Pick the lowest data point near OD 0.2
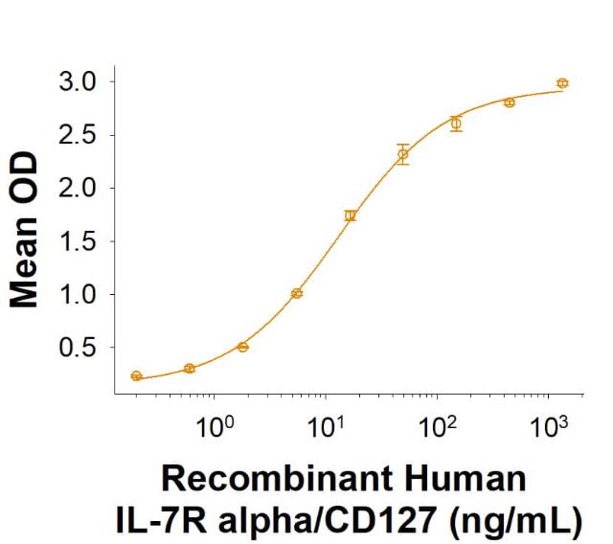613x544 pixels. tap(136, 376)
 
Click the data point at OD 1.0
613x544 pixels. tap(297, 293)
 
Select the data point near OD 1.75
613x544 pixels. tap(351, 215)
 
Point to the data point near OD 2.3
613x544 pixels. tap(403, 154)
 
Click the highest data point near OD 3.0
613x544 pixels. tap(562, 83)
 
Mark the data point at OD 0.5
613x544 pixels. tap(243, 347)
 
